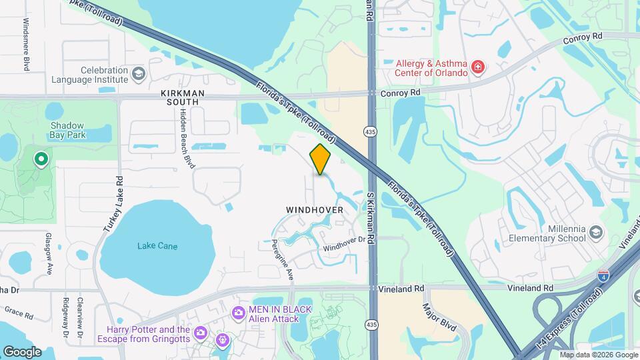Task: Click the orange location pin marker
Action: pyautogui.click(x=321, y=159)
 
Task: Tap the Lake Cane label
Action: pyautogui.click(x=157, y=246)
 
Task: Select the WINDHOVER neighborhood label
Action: pyautogui.click(x=315, y=209)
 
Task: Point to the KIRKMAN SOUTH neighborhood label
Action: pyautogui.click(x=180, y=97)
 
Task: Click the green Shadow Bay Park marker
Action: pyautogui.click(x=41, y=159)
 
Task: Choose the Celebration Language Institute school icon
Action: pyautogui.click(x=138, y=73)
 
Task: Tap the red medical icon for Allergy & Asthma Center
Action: pyautogui.click(x=477, y=67)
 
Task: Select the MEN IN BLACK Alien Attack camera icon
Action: pyautogui.click(x=238, y=313)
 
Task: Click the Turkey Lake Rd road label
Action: pyautogui.click(x=113, y=203)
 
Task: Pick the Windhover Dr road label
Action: pyautogui.click(x=346, y=245)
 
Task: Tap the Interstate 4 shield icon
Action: pyautogui.click(x=602, y=275)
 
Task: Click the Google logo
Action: pyautogui.click(x=22, y=351)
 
